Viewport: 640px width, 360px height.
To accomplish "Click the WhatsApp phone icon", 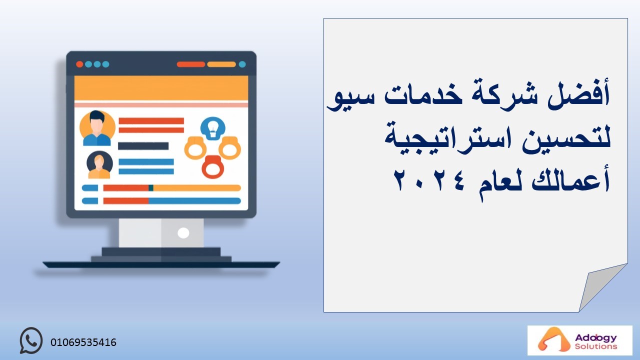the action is click(31, 340).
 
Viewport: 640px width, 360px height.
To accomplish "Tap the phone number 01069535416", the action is click(83, 342).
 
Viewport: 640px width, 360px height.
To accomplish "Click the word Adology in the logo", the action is click(595, 337).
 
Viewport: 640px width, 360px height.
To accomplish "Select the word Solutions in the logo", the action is click(596, 346).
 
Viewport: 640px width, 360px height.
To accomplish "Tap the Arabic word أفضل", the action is click(578, 93).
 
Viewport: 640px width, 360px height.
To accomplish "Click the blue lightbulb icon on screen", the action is click(213, 128).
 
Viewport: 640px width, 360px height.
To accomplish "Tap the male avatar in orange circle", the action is click(97, 128).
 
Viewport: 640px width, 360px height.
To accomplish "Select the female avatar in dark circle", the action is click(99, 165).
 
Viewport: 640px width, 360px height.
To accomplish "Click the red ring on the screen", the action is click(213, 167).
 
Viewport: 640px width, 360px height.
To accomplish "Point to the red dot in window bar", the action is click(79, 64).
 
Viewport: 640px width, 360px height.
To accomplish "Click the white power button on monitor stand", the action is click(183, 233).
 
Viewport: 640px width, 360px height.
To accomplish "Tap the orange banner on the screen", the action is click(161, 88).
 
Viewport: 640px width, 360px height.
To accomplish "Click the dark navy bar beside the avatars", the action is click(143, 146).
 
